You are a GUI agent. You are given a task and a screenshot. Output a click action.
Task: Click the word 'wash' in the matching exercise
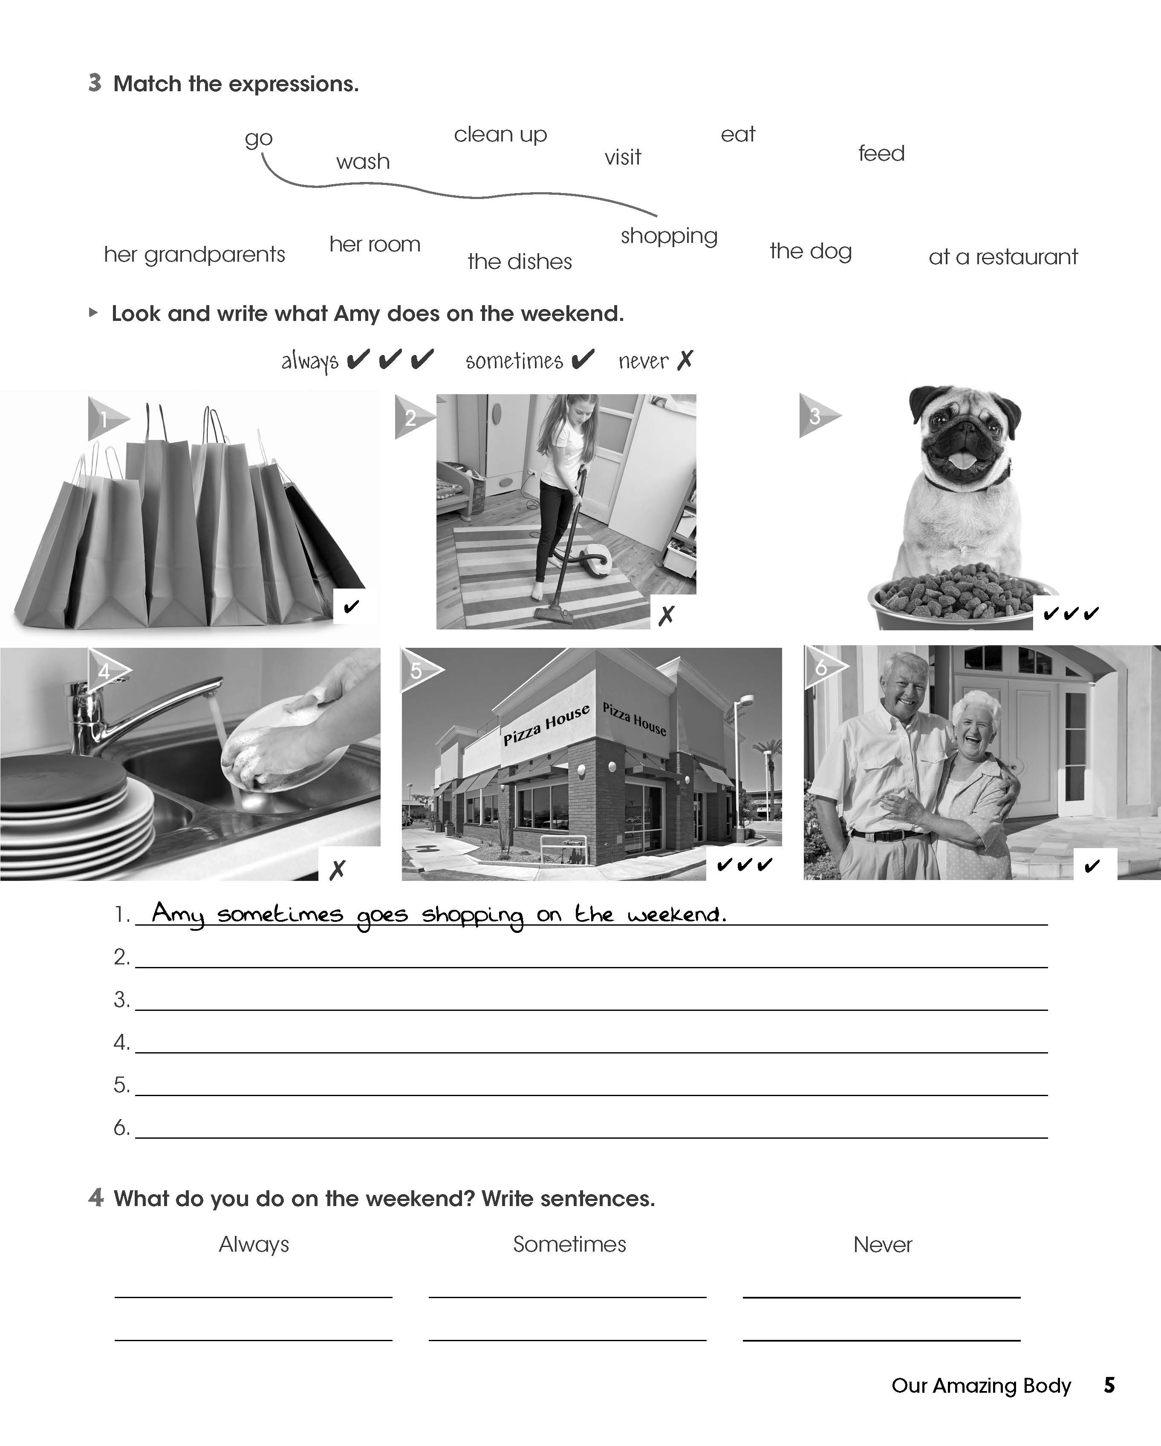[363, 162]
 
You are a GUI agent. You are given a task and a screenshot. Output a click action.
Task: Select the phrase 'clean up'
[500, 135]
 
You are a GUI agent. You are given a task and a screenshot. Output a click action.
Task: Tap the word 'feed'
[881, 153]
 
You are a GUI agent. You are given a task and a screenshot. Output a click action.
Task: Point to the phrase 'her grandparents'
[194, 255]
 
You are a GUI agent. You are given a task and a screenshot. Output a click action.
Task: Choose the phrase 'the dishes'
[520, 262]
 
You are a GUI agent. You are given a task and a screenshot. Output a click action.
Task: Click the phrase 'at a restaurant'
[1003, 257]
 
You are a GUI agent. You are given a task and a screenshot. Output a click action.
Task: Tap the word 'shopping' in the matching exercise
[669, 236]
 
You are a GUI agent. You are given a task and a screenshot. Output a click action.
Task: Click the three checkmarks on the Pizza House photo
[745, 865]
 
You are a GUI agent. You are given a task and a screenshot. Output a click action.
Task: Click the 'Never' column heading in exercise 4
[883, 1245]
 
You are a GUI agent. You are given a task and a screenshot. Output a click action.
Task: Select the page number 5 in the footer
[1109, 1385]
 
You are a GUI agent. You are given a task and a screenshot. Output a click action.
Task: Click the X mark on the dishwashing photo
[337, 870]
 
